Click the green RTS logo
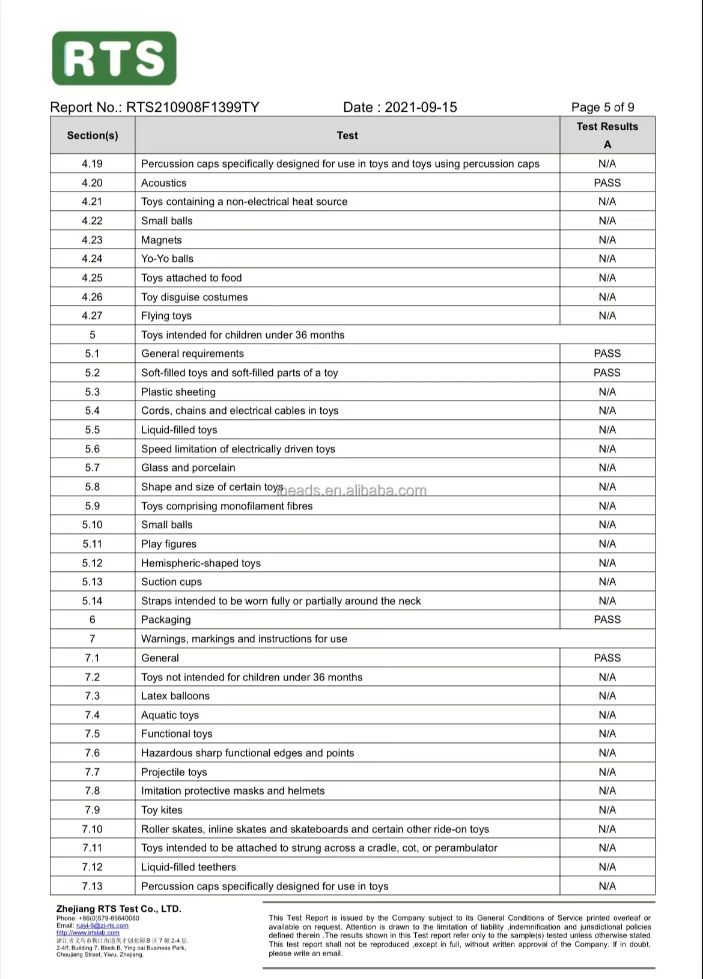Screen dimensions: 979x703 click(x=114, y=58)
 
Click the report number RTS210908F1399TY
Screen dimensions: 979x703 click(x=192, y=108)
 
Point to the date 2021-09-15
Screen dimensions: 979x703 click(x=421, y=108)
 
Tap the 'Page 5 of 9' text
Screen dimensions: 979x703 click(x=602, y=108)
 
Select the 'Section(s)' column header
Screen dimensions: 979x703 click(x=93, y=136)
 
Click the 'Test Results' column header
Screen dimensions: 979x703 click(x=607, y=127)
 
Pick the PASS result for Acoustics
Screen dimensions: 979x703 click(x=607, y=183)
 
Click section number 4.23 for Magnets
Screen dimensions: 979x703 click(x=93, y=240)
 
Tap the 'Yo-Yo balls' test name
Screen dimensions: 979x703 click(x=167, y=259)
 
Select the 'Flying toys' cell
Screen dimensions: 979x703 click(x=166, y=316)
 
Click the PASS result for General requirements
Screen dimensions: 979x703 click(x=607, y=354)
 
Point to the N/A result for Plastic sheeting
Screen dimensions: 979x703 click(x=607, y=392)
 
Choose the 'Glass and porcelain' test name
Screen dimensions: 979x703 click(x=188, y=468)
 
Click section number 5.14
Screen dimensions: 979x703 click(x=93, y=601)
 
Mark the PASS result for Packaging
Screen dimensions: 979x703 click(x=607, y=620)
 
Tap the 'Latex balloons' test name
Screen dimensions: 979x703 click(x=175, y=696)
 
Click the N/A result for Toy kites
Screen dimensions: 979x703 click(x=607, y=810)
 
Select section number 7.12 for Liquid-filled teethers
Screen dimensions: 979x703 click(x=93, y=867)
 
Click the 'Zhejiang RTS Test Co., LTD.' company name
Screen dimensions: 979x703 click(x=118, y=909)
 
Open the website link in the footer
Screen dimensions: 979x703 click(x=88, y=933)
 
